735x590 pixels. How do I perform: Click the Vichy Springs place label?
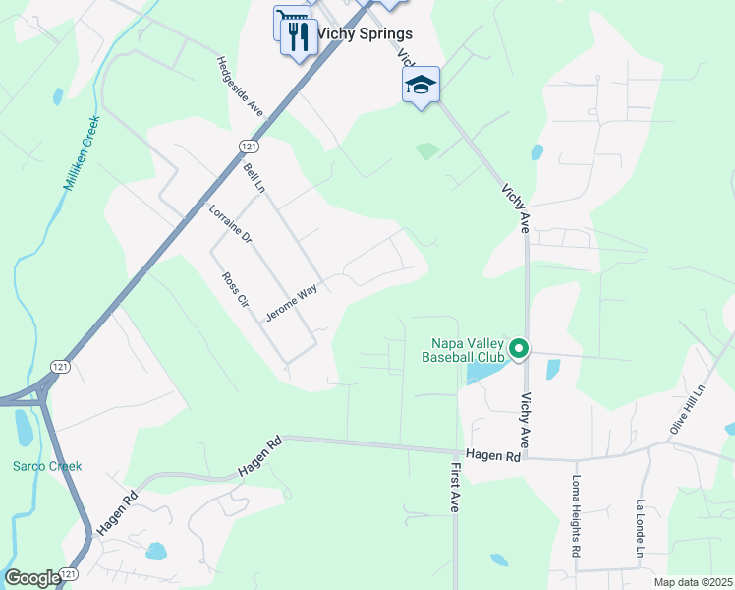(x=364, y=33)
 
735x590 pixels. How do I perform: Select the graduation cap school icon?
(x=421, y=86)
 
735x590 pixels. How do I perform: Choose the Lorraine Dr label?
(x=231, y=223)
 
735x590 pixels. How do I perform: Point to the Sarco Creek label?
(x=47, y=466)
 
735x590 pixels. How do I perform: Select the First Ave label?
(x=456, y=487)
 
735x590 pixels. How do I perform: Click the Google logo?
(x=31, y=578)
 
